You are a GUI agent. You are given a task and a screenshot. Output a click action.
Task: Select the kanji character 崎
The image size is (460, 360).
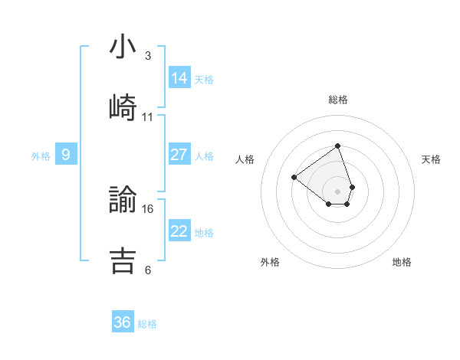[123, 107]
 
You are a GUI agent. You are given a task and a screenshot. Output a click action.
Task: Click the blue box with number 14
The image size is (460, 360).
[179, 78]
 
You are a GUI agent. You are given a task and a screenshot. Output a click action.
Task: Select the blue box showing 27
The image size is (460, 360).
[179, 155]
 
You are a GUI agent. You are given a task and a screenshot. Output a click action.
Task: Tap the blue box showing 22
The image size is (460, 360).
[179, 231]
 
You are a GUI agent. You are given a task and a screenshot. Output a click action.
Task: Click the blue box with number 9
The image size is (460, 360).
[66, 155]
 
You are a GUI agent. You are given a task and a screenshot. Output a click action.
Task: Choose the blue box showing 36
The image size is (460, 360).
[123, 322]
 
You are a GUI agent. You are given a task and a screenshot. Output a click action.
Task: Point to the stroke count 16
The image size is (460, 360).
[148, 208]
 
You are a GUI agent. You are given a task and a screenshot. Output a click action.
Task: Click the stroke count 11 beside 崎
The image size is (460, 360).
[148, 116]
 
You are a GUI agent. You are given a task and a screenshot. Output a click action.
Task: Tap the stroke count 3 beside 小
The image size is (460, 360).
[148, 56]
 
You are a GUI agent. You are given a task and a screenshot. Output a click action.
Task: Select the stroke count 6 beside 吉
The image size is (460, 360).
[148, 270]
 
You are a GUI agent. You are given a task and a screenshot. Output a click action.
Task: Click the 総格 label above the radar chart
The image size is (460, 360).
[337, 100]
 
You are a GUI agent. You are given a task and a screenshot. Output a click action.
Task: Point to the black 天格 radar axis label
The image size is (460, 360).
[431, 159]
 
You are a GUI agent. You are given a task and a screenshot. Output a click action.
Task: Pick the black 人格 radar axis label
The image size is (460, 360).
[245, 159]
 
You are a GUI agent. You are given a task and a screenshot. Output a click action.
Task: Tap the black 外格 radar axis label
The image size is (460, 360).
[270, 262]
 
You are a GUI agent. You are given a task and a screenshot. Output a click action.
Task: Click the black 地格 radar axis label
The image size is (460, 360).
[402, 262]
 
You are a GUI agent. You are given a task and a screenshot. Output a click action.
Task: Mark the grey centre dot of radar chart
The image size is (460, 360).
[337, 191]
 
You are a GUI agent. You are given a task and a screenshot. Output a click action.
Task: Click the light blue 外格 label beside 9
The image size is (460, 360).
[41, 156]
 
